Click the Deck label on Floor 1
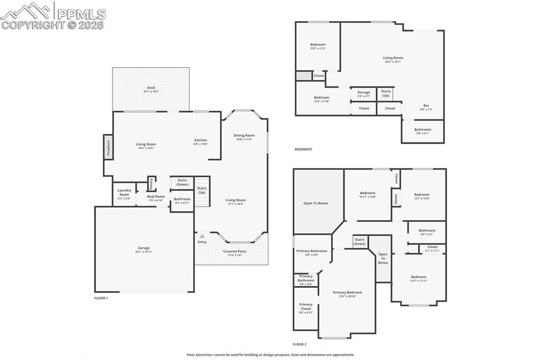coord(151,88)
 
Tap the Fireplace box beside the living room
coord(108,147)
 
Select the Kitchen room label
coord(200,140)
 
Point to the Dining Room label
coord(244,135)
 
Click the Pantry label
coord(151,184)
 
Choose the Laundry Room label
coord(124,192)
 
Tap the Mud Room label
coord(156,196)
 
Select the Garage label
coord(144,248)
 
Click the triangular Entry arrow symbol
coord(202,236)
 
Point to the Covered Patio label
coord(235,251)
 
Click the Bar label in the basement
coord(426,105)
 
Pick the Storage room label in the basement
coord(363,92)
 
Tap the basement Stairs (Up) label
coord(386,93)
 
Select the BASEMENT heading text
coord(303,149)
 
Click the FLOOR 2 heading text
coord(300,344)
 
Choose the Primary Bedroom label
coord(347,292)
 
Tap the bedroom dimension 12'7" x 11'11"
coord(418,281)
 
